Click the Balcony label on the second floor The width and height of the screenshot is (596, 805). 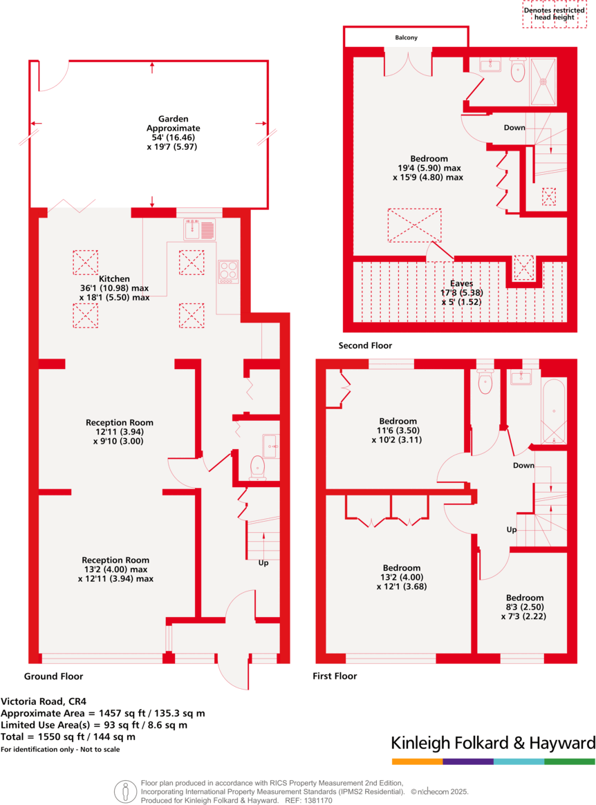(407, 38)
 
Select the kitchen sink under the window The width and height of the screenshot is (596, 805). (200, 227)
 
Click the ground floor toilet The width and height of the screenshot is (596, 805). (257, 467)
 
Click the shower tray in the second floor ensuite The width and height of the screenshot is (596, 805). (544, 71)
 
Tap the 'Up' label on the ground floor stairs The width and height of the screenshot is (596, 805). (263, 563)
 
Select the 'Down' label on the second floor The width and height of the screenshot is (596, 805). (514, 128)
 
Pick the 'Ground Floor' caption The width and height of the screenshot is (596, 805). (53, 676)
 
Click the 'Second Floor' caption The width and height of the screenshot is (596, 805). (365, 345)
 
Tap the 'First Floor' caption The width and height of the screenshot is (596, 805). (336, 676)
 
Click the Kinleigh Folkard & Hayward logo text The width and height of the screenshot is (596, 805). (493, 743)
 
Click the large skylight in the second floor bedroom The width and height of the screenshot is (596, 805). (414, 225)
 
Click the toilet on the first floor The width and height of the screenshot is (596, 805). (485, 383)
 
